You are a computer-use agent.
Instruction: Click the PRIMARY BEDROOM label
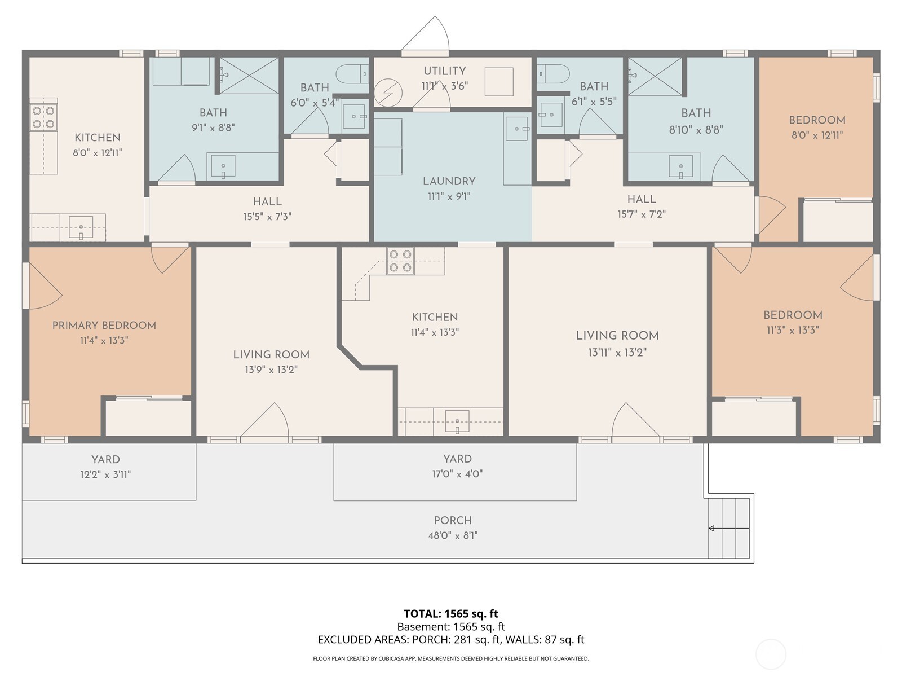104,326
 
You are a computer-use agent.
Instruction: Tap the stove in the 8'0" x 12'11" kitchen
43,117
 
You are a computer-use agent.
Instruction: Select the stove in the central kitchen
400,261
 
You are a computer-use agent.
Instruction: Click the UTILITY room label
444,71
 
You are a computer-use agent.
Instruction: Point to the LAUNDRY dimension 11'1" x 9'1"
449,196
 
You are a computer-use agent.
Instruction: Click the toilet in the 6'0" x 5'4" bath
351,74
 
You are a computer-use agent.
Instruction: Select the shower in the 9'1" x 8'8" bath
249,75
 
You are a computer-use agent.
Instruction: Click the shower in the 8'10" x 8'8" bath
655,76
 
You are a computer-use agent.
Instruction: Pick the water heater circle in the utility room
388,93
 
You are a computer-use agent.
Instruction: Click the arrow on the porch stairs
712,529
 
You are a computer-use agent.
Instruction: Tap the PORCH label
453,520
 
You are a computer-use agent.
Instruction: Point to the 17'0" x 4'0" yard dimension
457,474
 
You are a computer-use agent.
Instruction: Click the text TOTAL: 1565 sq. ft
451,614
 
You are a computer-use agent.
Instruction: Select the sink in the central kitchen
457,422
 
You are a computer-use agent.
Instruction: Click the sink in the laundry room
516,129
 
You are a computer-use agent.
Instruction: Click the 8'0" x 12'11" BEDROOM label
817,120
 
